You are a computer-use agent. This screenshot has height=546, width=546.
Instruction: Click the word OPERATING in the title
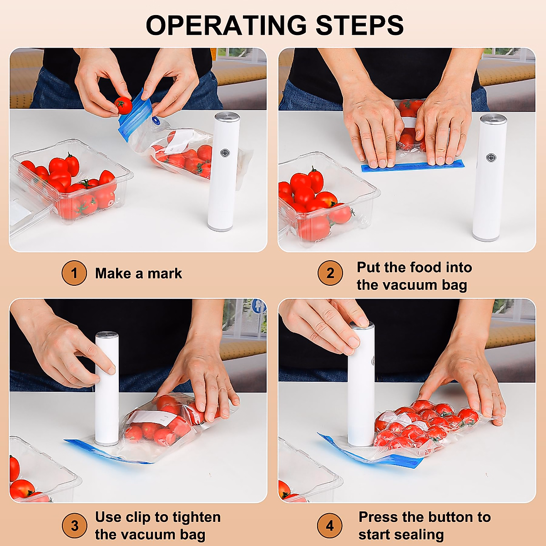[227, 25]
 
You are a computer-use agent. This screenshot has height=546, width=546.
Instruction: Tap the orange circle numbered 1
[74, 273]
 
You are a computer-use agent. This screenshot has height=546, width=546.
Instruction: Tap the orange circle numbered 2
[330, 273]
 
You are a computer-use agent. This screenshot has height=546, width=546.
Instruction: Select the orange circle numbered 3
[74, 526]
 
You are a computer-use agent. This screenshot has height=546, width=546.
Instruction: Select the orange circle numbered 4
[330, 526]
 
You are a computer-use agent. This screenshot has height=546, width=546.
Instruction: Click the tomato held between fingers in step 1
[123, 105]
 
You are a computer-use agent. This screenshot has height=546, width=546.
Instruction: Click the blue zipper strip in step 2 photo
[413, 166]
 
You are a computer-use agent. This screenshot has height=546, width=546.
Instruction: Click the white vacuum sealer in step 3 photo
[107, 391]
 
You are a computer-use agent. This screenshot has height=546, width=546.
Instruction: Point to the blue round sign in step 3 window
[258, 306]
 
